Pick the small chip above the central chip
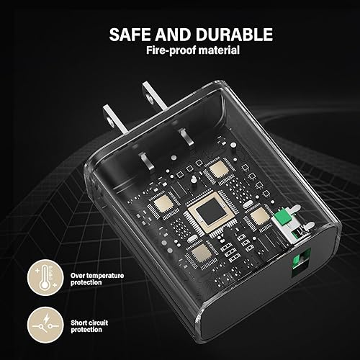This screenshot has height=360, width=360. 215,170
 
